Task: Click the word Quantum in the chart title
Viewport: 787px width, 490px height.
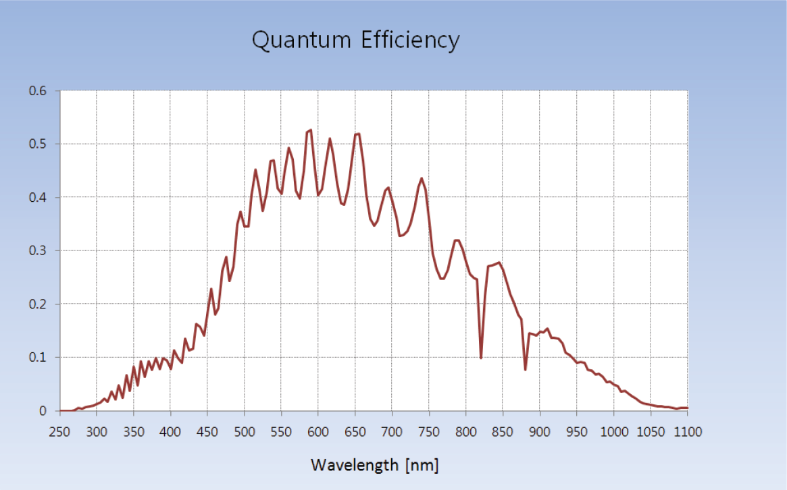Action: click(x=301, y=40)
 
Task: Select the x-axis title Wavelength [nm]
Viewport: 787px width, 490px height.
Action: click(x=374, y=465)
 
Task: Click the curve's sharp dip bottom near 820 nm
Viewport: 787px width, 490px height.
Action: click(x=481, y=358)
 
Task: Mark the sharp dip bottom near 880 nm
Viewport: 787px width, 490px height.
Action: click(x=526, y=369)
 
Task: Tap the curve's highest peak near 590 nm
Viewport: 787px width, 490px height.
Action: click(x=310, y=130)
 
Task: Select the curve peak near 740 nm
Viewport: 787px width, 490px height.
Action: click(x=422, y=179)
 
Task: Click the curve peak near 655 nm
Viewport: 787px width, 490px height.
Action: click(x=358, y=134)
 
